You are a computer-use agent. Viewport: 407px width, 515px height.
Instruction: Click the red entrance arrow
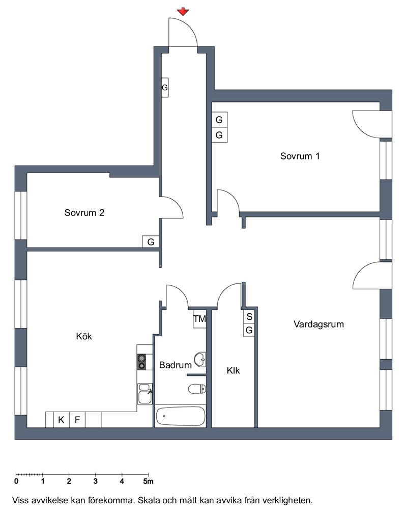(183, 12)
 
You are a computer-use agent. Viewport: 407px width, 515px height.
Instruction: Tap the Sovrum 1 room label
(300, 156)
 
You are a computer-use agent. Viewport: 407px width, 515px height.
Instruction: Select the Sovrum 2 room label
(84, 213)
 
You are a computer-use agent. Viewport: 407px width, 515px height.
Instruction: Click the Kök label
(84, 336)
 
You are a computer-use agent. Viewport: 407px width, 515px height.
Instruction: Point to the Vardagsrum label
(319, 324)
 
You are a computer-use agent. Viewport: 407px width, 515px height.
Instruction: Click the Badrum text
(175, 365)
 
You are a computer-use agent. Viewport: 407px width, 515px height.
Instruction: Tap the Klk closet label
(233, 370)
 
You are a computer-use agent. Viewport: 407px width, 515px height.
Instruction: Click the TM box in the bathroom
(199, 318)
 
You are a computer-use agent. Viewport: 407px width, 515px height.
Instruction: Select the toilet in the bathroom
(197, 389)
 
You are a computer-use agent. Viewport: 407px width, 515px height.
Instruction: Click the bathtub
(181, 416)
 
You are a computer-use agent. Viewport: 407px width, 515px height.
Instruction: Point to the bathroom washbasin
(200, 360)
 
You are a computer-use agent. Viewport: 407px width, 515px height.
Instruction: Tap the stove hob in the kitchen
(141, 362)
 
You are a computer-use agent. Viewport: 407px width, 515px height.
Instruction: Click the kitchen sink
(144, 394)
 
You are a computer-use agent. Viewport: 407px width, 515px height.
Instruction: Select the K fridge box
(62, 420)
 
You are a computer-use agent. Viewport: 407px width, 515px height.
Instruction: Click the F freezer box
(77, 420)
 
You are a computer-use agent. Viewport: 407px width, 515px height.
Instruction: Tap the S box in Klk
(249, 317)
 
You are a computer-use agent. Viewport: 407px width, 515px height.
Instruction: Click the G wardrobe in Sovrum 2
(151, 242)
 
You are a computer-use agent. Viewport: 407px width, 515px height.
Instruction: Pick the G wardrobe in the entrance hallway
(165, 88)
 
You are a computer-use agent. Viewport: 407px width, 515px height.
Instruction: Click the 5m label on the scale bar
(148, 481)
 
